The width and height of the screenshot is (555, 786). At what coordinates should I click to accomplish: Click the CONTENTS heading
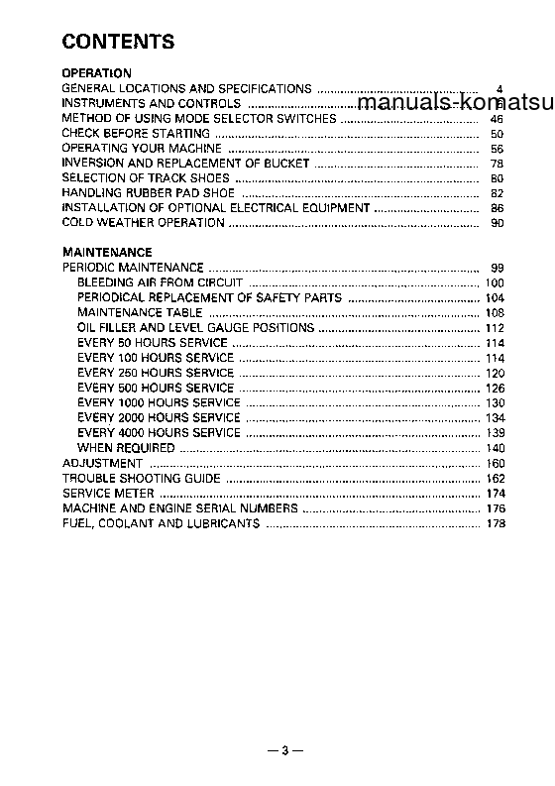click(x=118, y=42)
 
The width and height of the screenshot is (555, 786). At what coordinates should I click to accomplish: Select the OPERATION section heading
click(x=96, y=73)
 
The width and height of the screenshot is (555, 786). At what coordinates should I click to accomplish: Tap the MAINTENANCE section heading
click(x=107, y=253)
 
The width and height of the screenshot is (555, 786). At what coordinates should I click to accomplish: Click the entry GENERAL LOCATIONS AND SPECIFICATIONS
click(x=186, y=88)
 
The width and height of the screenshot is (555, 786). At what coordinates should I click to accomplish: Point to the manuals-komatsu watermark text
click(x=455, y=104)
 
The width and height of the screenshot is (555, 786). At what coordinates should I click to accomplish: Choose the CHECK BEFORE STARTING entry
click(x=136, y=133)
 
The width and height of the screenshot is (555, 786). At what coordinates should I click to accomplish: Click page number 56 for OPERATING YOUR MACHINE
click(x=498, y=149)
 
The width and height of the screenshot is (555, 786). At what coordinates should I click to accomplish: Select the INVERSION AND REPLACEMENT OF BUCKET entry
click(x=185, y=163)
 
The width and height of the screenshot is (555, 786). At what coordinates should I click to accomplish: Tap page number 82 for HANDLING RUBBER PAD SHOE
click(x=498, y=193)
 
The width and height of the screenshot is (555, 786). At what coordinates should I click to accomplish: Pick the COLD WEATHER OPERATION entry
click(x=143, y=223)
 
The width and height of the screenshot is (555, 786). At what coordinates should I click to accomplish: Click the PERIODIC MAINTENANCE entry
click(x=133, y=268)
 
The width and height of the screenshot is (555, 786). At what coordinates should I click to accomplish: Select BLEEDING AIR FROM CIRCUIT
click(x=160, y=282)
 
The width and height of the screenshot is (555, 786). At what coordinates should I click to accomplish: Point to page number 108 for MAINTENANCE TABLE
click(x=496, y=313)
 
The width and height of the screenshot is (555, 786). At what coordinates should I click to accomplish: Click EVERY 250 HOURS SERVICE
click(x=155, y=373)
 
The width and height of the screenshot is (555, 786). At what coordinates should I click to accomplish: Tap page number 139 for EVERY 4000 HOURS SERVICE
click(x=496, y=433)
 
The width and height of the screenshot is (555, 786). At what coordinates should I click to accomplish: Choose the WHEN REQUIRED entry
click(x=126, y=448)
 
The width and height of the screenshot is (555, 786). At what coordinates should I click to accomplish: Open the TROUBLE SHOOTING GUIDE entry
click(x=141, y=478)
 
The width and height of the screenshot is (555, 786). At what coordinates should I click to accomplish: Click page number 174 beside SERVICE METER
click(x=496, y=494)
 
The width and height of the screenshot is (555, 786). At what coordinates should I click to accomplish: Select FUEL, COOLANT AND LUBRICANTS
click(x=161, y=523)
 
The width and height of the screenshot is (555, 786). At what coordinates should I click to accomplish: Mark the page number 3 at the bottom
click(x=283, y=750)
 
